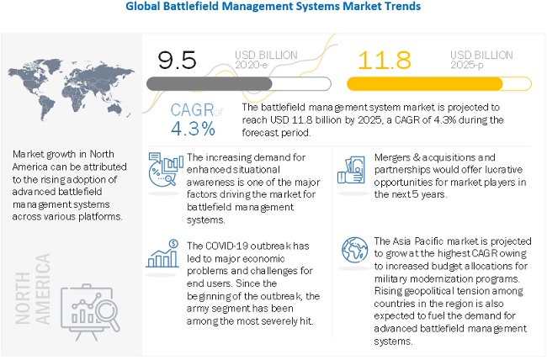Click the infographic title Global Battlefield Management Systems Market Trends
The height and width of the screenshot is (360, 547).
pos(273,7)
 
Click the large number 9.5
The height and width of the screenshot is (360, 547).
pos(178,60)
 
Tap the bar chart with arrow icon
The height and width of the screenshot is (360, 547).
pos(162,252)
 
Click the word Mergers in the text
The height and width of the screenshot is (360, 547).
pos(390,156)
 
